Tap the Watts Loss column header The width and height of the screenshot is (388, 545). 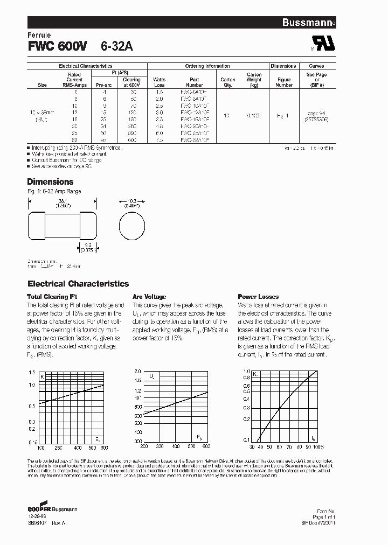160,82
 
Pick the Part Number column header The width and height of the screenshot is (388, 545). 195,82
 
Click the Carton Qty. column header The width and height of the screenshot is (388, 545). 228,82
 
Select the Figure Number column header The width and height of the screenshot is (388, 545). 284,82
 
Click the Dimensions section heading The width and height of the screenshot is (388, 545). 50,182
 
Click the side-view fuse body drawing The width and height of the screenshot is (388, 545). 62,225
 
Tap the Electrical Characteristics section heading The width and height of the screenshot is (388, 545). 78,284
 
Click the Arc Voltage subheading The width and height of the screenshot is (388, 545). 149,297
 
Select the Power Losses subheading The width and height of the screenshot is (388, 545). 258,297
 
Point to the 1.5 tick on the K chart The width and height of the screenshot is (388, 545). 32,373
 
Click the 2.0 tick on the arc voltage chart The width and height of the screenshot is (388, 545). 137,372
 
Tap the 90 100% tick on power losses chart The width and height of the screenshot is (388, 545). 313,447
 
